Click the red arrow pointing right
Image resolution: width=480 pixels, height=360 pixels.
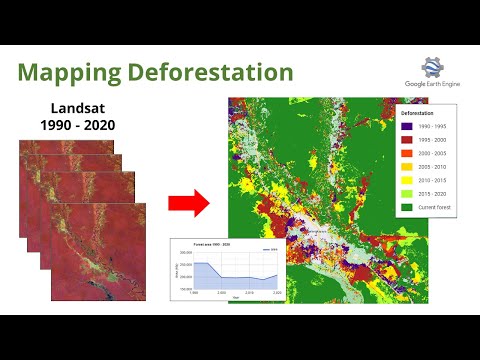coord(187,204)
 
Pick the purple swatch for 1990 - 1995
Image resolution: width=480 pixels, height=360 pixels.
coord(406,126)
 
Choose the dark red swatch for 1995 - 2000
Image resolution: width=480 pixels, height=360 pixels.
coord(406,140)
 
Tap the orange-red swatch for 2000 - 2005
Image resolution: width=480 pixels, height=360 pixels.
coord(406,153)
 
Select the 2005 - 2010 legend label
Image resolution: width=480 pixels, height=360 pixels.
coord(432,167)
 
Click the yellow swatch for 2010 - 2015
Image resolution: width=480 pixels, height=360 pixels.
coord(406,180)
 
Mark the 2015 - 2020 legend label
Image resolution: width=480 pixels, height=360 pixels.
coord(432,193)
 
